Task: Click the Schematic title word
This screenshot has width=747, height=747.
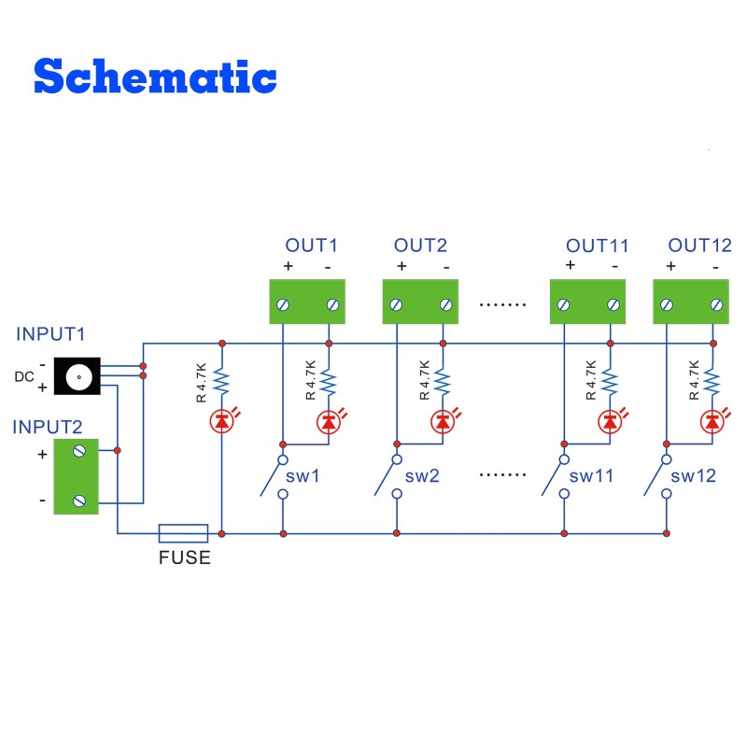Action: [x=155, y=76]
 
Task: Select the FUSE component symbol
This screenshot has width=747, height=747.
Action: [x=183, y=533]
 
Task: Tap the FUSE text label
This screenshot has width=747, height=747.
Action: [x=183, y=558]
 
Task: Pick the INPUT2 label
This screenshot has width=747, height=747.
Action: [x=48, y=428]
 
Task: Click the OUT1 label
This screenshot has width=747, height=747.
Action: [x=311, y=246]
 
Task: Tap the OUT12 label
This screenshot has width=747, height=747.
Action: [x=699, y=246]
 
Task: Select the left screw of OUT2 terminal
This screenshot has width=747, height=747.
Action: [x=396, y=304]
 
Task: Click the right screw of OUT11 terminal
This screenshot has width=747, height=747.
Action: [x=613, y=304]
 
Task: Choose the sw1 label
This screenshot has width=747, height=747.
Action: [x=303, y=476]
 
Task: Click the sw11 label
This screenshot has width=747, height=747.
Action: [x=592, y=476]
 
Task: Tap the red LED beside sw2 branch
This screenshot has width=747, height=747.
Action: [x=442, y=422]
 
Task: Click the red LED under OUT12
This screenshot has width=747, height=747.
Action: [x=712, y=422]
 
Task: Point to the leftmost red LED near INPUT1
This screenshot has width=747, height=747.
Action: [x=221, y=422]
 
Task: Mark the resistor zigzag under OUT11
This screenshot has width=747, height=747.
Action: [x=610, y=382]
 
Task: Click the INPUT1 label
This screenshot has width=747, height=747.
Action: [x=50, y=333]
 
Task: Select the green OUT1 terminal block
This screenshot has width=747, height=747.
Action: [x=307, y=302]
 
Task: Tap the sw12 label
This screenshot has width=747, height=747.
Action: [x=694, y=476]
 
